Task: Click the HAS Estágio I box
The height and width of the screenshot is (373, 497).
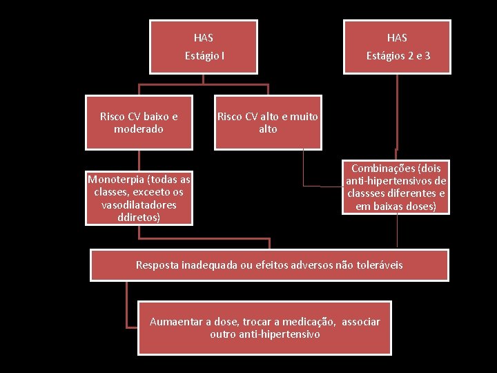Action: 204,46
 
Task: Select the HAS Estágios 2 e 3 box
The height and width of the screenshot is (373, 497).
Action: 397,46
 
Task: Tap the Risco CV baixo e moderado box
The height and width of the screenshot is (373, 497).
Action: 139,123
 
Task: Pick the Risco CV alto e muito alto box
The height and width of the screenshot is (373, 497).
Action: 268,123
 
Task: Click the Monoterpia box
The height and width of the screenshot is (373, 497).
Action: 139,198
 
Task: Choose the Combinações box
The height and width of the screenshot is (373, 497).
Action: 396,187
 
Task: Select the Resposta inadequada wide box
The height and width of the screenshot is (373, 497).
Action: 269,265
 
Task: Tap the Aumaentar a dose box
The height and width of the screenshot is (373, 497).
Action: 265,327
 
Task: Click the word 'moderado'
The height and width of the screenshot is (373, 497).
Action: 139,129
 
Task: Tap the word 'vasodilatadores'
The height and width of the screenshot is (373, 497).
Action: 139,205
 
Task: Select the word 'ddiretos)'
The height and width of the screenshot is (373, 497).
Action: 139,217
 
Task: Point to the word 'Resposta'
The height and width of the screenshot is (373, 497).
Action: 157,265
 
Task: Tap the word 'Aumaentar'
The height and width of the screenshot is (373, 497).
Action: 175,322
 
